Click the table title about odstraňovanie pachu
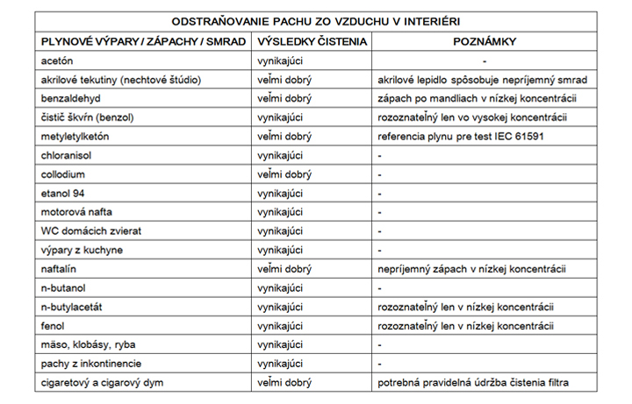click(315, 21)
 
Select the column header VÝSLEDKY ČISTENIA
click(312, 41)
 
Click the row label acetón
click(57, 60)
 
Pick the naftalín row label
click(59, 269)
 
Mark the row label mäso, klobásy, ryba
click(88, 344)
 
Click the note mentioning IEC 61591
click(457, 137)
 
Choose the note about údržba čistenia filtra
click(472, 382)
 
